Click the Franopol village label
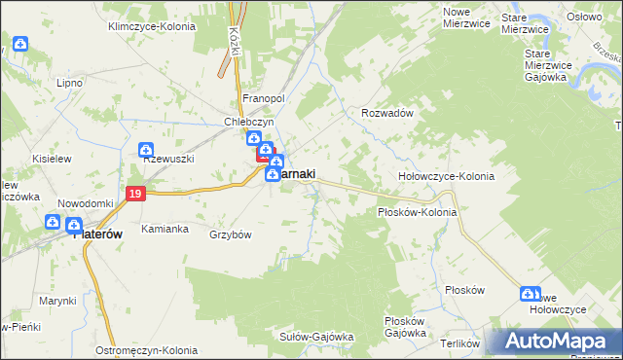pyautogui.click(x=262, y=99)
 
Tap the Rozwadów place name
pyautogui.click(x=388, y=113)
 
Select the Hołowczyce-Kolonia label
pyautogui.click(x=447, y=176)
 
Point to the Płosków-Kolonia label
pyautogui.click(x=417, y=211)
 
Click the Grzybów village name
pyautogui.click(x=231, y=234)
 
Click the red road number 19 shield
pyautogui.click(x=135, y=196)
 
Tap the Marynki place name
pyautogui.click(x=57, y=301)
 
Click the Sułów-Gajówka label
pyautogui.click(x=316, y=337)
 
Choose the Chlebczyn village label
pyautogui.click(x=250, y=123)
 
